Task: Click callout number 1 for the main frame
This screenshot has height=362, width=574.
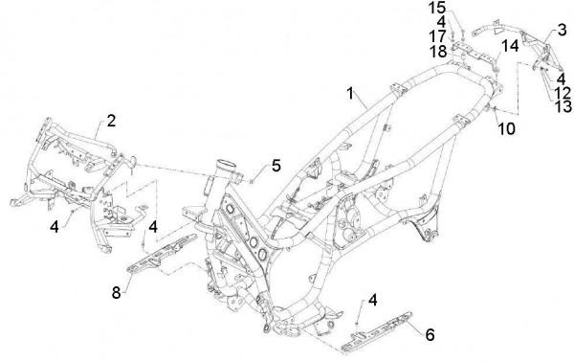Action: pos(350,94)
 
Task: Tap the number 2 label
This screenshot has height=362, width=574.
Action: pos(111,121)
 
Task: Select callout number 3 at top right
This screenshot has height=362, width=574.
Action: pos(563,30)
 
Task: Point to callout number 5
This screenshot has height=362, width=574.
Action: pos(276,166)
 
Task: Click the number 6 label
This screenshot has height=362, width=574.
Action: pos(430,334)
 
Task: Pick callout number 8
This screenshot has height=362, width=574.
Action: pos(116,292)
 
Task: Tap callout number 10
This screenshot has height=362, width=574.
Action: pos(507,128)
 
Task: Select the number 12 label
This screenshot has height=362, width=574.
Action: pos(563,93)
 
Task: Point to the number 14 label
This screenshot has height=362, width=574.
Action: pos(510,46)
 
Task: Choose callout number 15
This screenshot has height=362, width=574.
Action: pos(437,8)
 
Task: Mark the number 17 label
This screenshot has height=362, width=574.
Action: pos(437,36)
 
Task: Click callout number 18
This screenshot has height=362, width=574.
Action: pos(438,52)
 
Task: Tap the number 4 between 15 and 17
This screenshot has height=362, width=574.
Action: pos(441,22)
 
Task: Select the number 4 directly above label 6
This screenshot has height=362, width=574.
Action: pos(372,300)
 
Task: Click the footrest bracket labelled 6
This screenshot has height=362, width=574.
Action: pos(377,331)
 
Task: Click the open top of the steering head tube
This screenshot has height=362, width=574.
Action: pos(226,164)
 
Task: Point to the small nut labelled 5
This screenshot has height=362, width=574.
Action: pos(251,180)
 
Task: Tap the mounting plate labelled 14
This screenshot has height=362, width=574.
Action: pos(475,55)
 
